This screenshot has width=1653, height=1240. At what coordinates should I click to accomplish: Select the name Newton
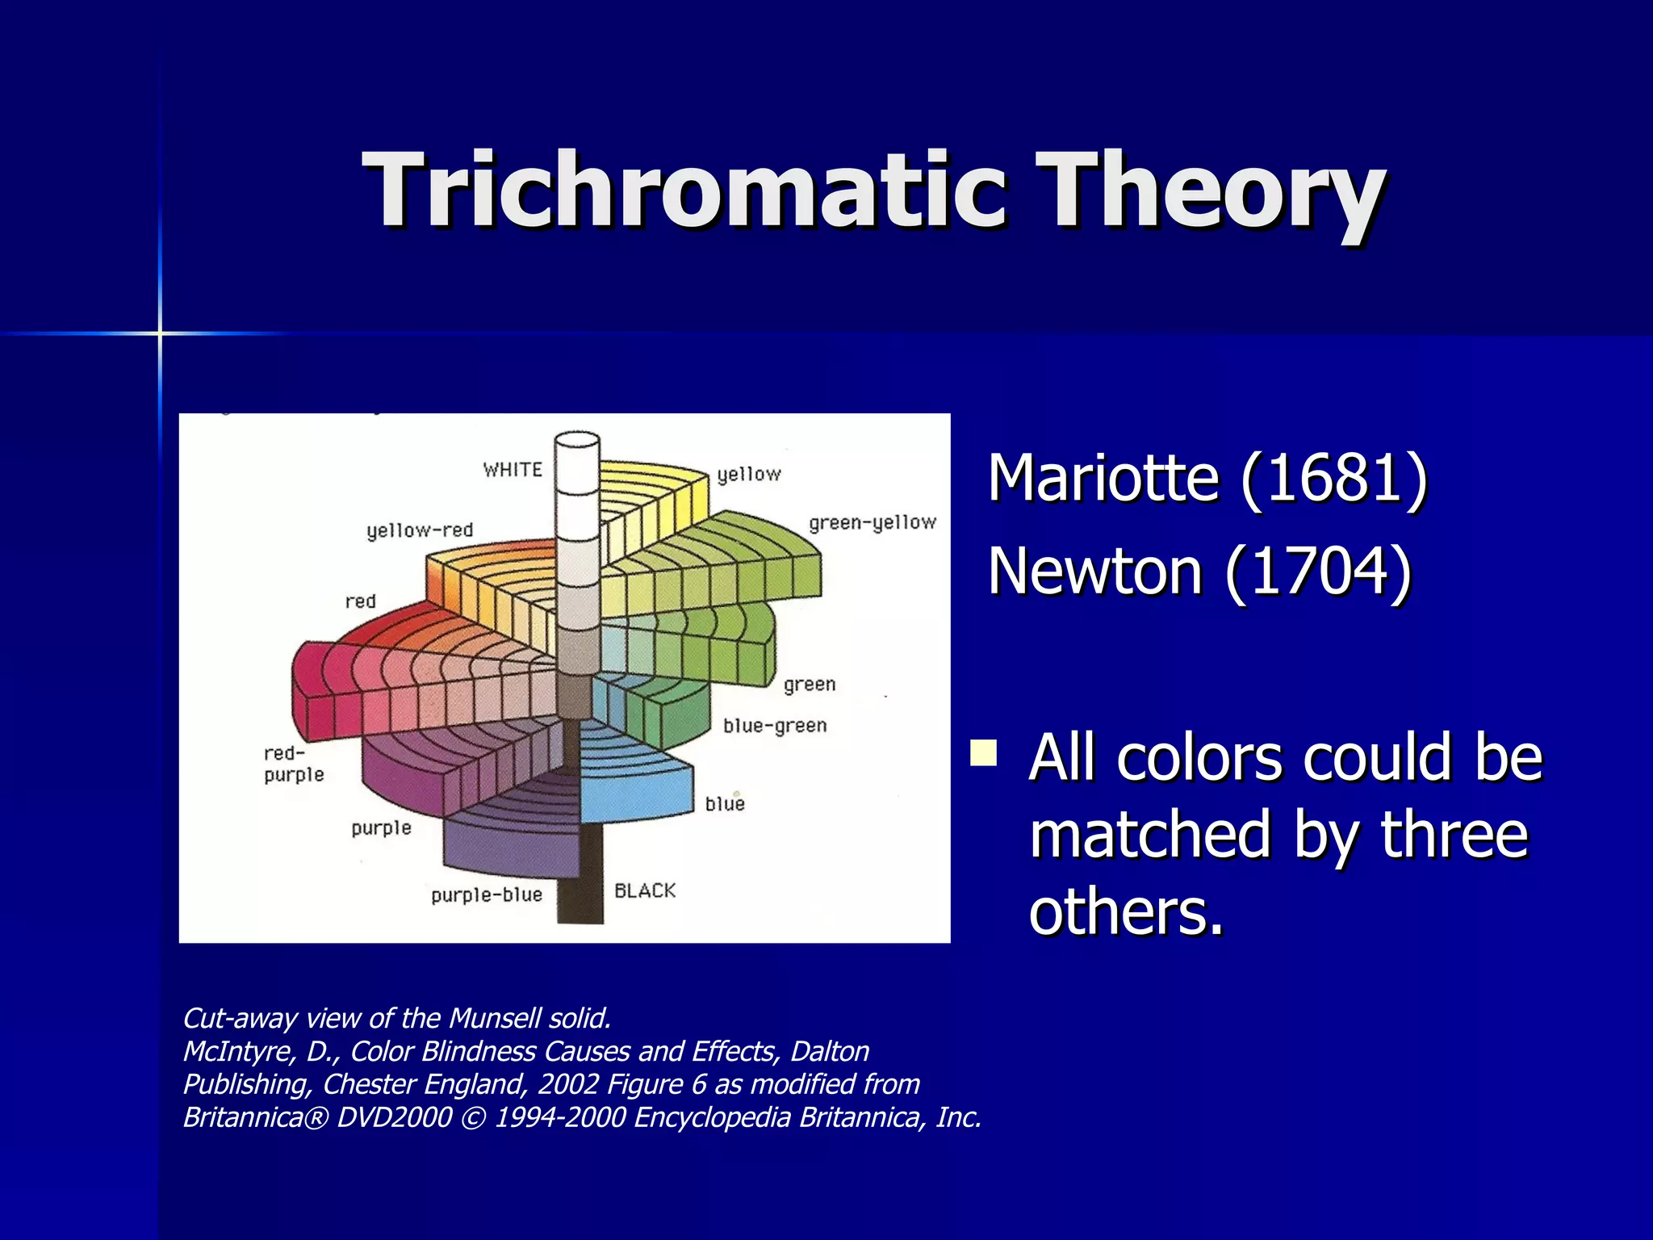pyautogui.click(x=1096, y=572)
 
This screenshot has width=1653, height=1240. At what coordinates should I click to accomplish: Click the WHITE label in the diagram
pyautogui.click(x=513, y=470)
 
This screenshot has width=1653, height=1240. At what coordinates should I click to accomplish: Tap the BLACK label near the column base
pyautogui.click(x=644, y=890)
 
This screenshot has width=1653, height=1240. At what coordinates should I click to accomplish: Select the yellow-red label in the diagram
pyautogui.click(x=420, y=530)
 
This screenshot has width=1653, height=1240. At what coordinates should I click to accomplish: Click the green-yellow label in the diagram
pyautogui.click(x=872, y=523)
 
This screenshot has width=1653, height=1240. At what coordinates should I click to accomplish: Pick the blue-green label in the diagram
pyautogui.click(x=775, y=726)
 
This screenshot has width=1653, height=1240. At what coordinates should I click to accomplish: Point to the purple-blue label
pyautogui.click(x=486, y=894)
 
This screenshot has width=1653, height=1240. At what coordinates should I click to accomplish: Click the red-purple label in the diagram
pyautogui.click(x=293, y=764)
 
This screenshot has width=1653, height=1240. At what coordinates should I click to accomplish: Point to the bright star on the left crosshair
pyautogui.click(x=160, y=333)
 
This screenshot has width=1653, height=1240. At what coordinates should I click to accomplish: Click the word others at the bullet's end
pyautogui.click(x=1126, y=912)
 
